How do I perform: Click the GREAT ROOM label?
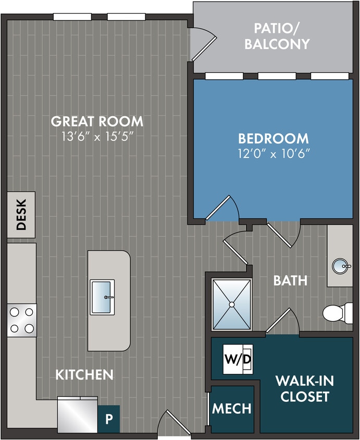click(x=97, y=121)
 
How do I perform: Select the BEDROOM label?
click(x=273, y=139)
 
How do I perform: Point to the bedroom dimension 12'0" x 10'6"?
click(x=273, y=154)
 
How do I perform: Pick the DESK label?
click(x=21, y=215)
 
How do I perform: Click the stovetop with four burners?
click(x=22, y=320)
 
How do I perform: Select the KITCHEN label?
click(x=84, y=374)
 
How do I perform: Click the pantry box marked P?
click(x=109, y=419)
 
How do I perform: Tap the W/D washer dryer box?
click(x=238, y=359)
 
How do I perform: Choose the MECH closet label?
click(x=232, y=408)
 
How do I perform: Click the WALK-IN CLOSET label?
click(x=305, y=388)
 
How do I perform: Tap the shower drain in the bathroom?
click(x=232, y=304)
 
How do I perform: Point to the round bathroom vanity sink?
click(x=341, y=266)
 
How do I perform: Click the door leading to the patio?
click(x=203, y=44)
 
